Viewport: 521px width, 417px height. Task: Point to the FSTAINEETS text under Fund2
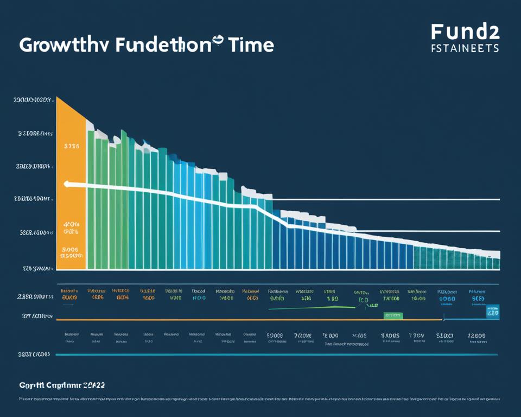click(465, 48)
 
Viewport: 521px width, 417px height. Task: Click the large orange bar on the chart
click(71, 185)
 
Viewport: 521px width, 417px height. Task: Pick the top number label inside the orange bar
click(71, 146)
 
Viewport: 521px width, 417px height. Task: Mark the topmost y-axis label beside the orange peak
click(33, 100)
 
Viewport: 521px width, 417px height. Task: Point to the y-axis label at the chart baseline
click(37, 268)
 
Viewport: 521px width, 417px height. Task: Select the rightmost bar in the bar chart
click(496, 263)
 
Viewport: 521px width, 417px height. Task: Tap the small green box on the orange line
click(392, 315)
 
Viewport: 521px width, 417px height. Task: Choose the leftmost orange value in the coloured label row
click(69, 298)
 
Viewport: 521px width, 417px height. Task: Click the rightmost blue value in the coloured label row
click(478, 298)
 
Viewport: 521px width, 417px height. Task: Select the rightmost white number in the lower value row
click(477, 336)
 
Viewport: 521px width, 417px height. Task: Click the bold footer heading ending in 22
click(62, 385)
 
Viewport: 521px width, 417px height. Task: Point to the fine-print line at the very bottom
click(260, 399)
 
